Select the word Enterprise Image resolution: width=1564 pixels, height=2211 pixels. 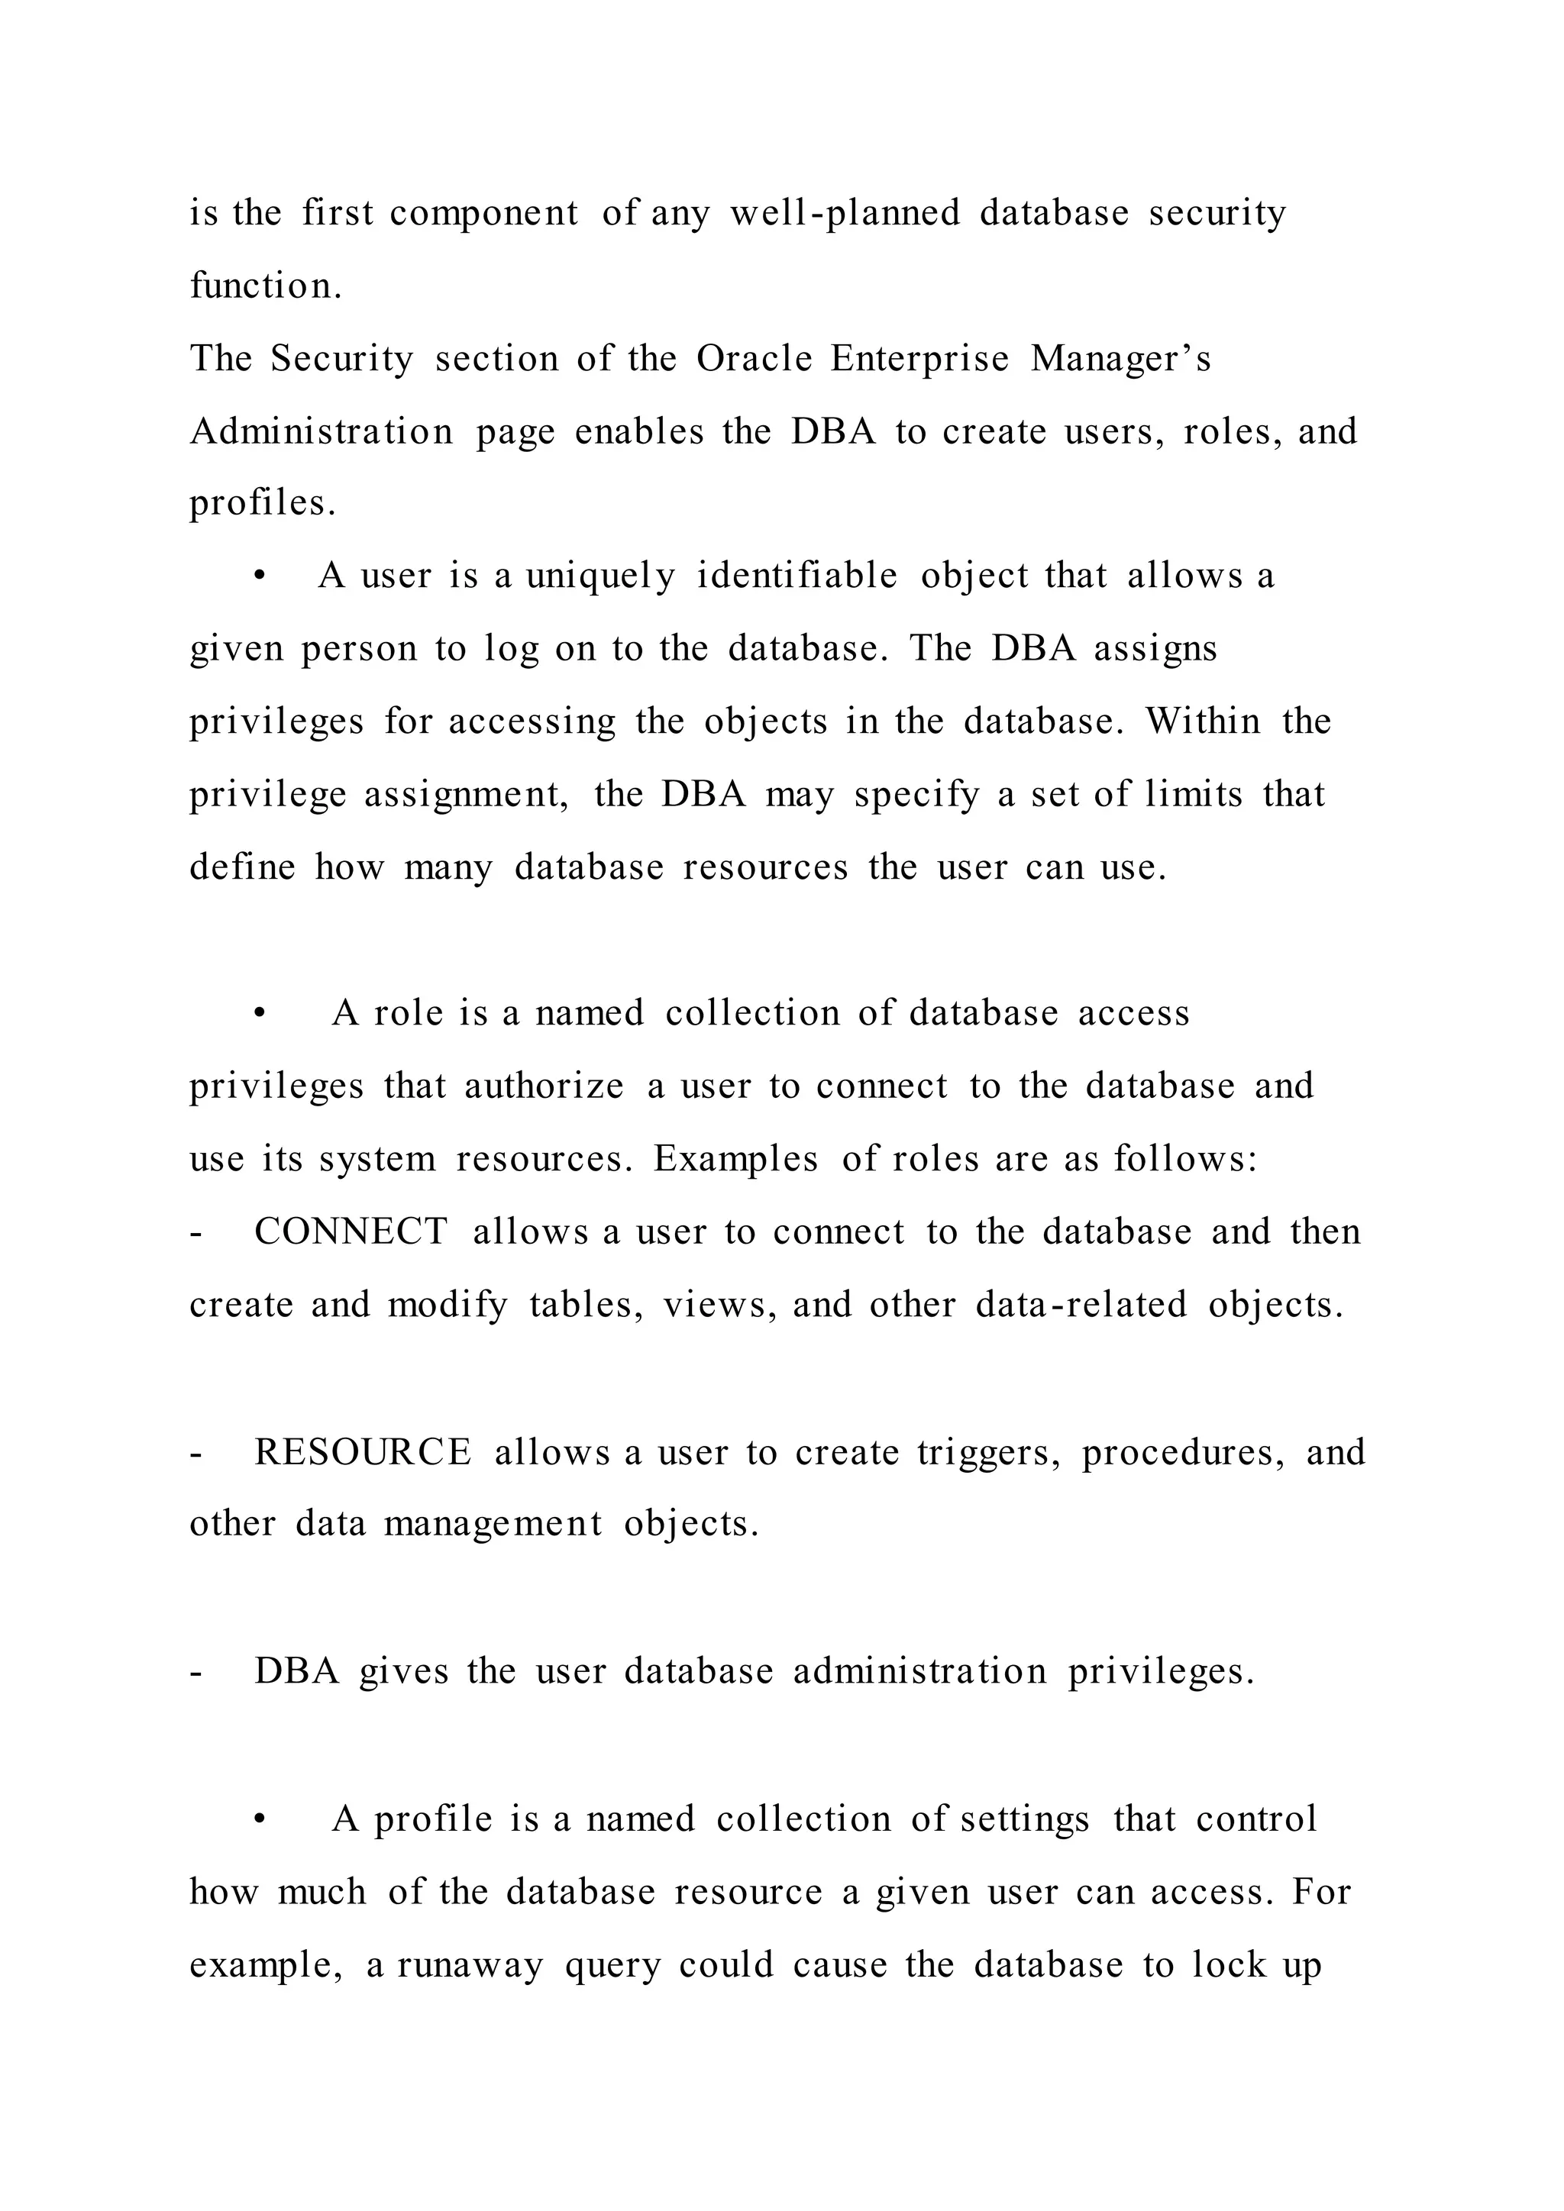pos(919,358)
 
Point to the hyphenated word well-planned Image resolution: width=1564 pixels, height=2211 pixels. pos(845,213)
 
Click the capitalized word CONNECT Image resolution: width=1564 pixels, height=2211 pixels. pos(351,1231)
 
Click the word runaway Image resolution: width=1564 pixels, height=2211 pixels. pos(470,1964)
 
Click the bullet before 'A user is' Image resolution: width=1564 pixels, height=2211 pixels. pos(258,577)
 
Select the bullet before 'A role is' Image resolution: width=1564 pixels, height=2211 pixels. pos(258,1014)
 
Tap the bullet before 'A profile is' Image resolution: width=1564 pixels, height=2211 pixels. pos(258,1820)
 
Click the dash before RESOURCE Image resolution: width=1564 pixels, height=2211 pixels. pos(196,1453)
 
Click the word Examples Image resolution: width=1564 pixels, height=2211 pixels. pos(735,1158)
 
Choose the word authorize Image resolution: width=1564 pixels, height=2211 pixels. pos(544,1086)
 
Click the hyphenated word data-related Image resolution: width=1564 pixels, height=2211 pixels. pos(1081,1305)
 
